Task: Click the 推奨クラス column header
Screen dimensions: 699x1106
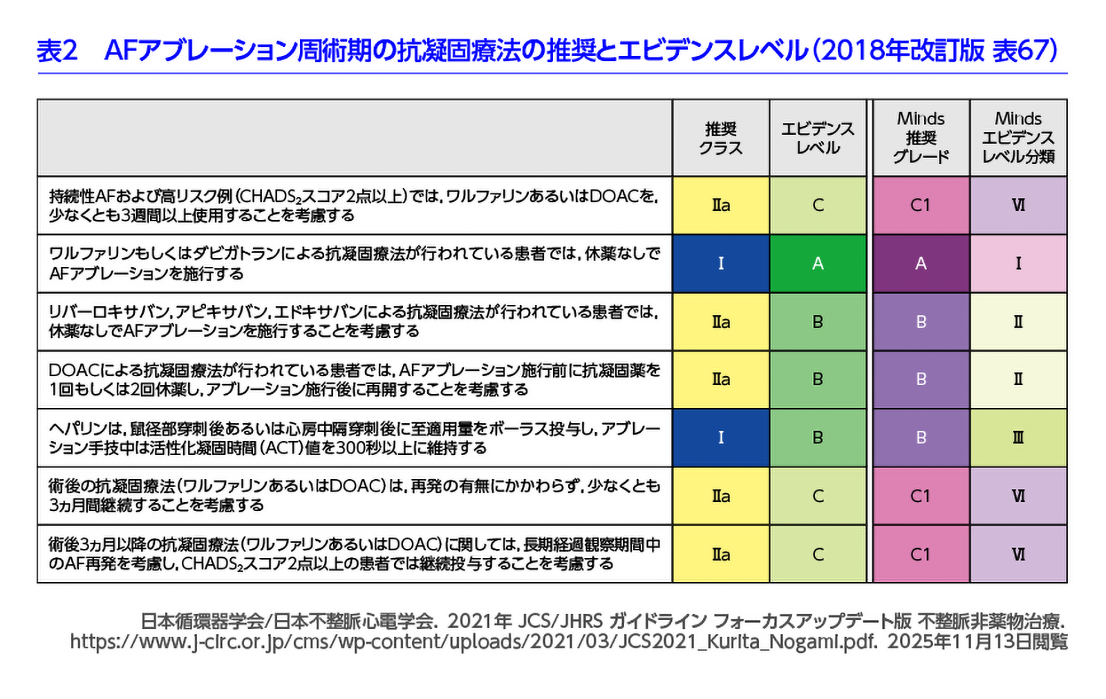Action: coord(720,138)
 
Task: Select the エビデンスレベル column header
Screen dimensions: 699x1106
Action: coord(817,138)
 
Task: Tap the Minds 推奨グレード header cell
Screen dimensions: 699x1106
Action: coord(921,138)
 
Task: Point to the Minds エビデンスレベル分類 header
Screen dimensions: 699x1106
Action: coord(1018,138)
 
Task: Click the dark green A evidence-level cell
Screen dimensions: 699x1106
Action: coord(817,263)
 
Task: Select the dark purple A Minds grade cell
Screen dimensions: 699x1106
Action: coord(921,263)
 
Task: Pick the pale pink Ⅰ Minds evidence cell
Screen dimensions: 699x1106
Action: coord(1018,263)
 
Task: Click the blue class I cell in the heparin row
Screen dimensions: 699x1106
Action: coord(720,438)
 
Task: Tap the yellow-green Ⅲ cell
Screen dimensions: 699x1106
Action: coord(1018,438)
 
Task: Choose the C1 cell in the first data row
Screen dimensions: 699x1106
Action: coord(921,205)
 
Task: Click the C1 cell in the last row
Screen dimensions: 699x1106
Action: coord(921,554)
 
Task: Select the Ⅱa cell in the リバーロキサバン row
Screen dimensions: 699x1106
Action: coord(720,321)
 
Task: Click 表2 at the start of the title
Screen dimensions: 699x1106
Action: coord(57,50)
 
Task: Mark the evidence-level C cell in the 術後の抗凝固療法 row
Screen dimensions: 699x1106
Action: coord(817,496)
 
